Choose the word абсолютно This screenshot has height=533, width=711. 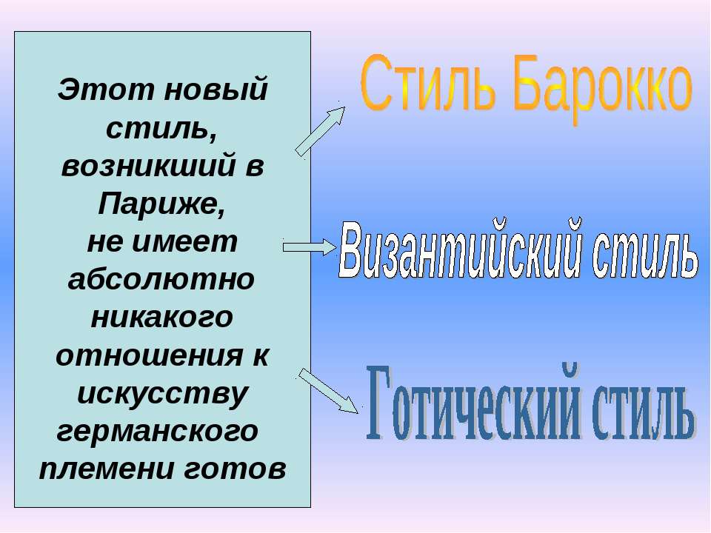pyautogui.click(x=161, y=281)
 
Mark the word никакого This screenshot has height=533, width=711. pyautogui.click(x=161, y=318)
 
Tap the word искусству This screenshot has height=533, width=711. pyautogui.click(x=161, y=394)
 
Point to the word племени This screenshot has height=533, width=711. pyautogui.click(x=96, y=469)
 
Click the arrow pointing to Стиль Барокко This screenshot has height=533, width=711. pyautogui.click(x=321, y=130)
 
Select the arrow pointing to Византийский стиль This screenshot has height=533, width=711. pyautogui.click(x=310, y=247)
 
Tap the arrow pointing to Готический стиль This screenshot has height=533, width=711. pyautogui.click(x=329, y=390)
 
